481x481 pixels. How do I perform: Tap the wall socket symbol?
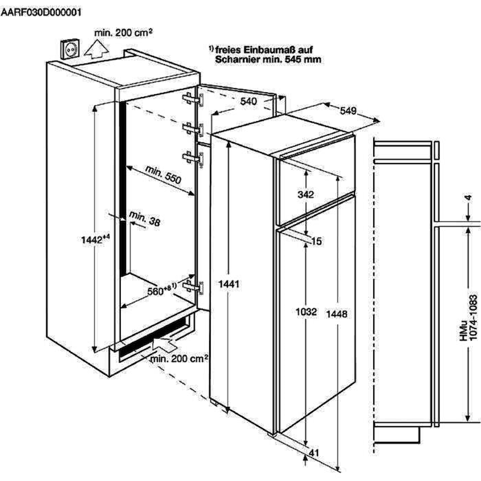point(70,49)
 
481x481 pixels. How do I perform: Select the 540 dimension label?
point(249,101)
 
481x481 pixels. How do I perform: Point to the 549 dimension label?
point(348,111)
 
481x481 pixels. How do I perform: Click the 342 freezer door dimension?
point(305,194)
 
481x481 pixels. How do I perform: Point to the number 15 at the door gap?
point(316,241)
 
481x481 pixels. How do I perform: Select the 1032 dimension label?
point(306,312)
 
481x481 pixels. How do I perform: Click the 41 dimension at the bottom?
point(316,452)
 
